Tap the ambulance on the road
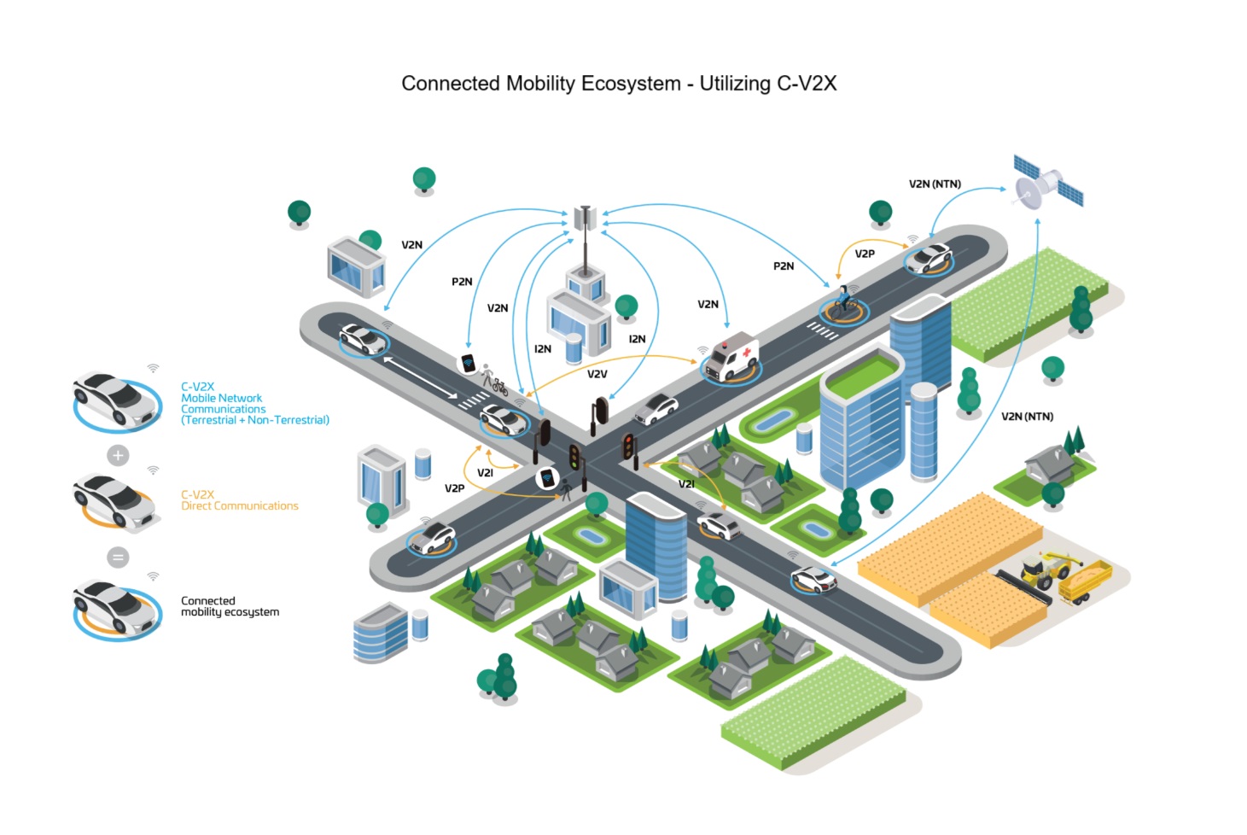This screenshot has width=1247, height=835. click(x=731, y=357)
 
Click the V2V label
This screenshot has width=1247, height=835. click(x=597, y=374)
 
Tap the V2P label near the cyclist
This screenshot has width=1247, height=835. click(x=865, y=254)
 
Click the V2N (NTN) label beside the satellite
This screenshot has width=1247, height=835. click(x=935, y=184)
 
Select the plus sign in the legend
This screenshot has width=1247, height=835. click(x=119, y=455)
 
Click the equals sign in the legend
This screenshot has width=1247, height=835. click(x=119, y=558)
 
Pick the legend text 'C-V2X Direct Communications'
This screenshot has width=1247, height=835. click(x=239, y=500)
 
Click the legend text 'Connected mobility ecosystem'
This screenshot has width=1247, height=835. click(x=230, y=606)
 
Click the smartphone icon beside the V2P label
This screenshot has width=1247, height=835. click(x=547, y=478)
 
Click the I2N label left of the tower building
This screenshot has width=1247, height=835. click(x=543, y=348)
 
